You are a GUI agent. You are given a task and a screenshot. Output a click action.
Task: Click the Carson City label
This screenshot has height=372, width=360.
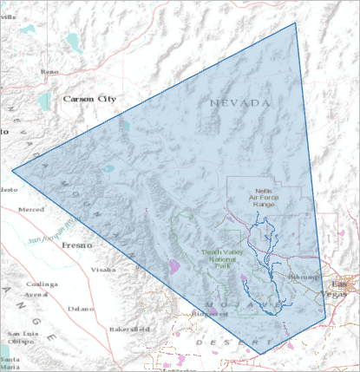click(88, 100)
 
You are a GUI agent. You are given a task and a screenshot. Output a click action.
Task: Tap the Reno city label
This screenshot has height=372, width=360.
click(49, 71)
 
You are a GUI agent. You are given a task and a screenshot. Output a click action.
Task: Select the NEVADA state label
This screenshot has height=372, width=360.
click(240, 103)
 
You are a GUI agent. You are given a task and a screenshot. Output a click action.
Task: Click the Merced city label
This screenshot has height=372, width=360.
click(30, 210)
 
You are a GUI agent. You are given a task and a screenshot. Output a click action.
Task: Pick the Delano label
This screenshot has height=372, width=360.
click(82, 308)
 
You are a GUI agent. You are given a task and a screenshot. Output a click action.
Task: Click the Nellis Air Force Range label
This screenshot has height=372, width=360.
click(265, 197)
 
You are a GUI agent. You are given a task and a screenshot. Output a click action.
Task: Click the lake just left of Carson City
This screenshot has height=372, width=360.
click(44, 101)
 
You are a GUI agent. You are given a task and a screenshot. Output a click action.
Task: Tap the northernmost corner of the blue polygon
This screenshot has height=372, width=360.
click(296, 23)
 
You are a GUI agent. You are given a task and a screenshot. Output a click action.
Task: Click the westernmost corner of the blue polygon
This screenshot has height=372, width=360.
click(12, 171)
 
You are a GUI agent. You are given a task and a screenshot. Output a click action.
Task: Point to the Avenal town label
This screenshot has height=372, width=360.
click(36, 294)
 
